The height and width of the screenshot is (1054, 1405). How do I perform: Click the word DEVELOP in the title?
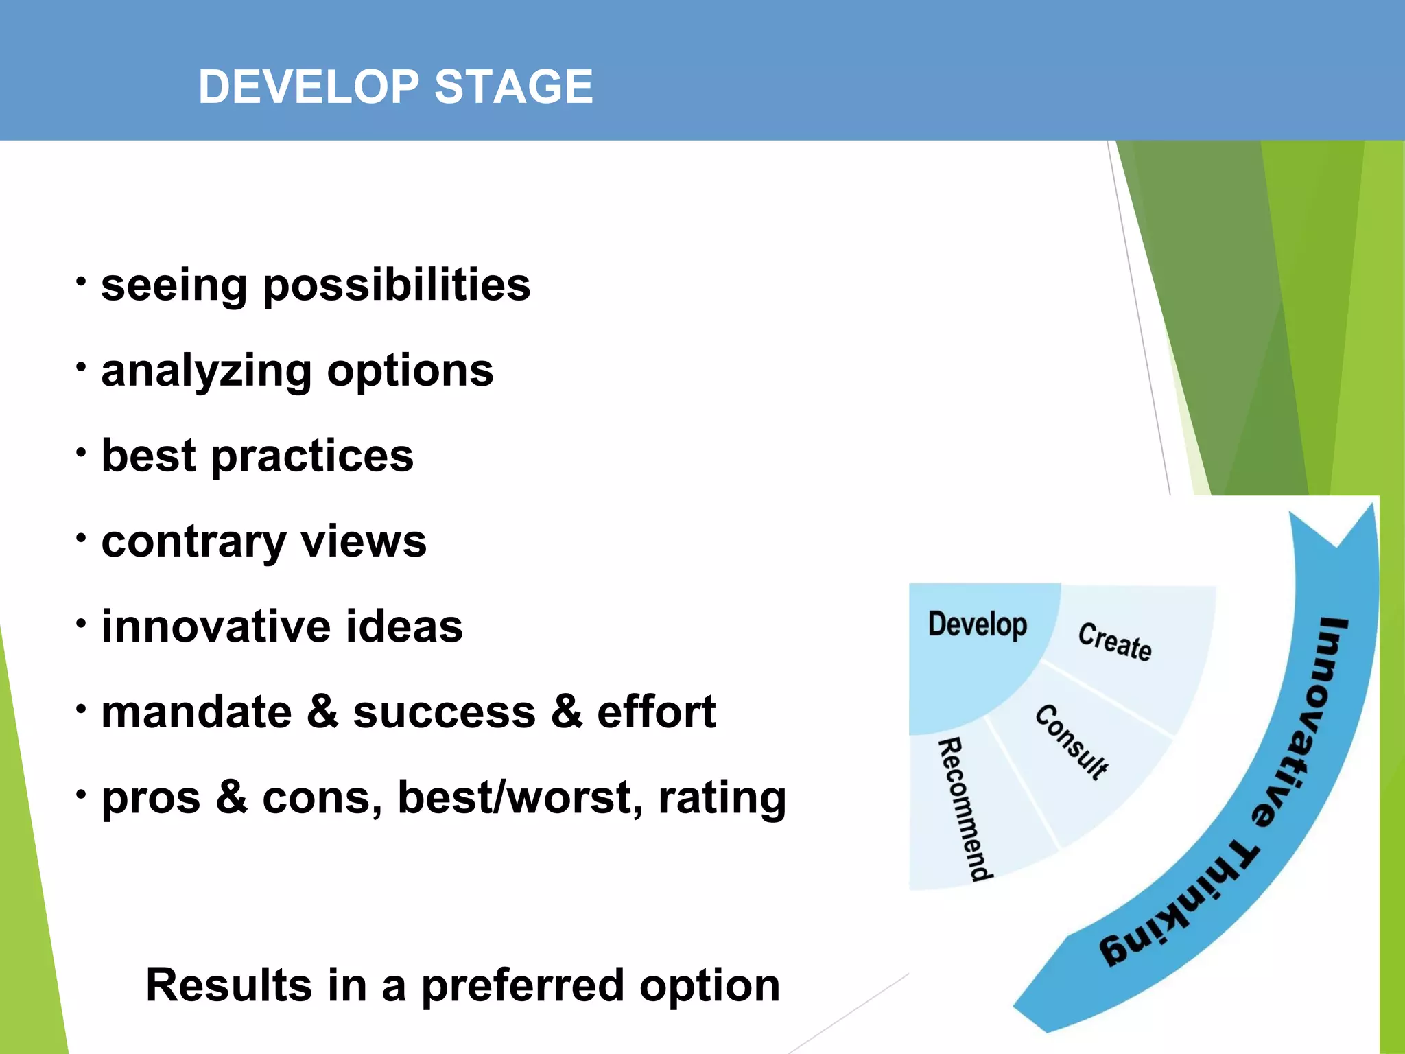[x=308, y=87]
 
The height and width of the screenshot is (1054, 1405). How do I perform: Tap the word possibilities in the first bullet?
[x=397, y=285]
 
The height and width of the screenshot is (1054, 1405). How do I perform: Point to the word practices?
[x=312, y=456]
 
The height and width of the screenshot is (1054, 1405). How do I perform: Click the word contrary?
[x=193, y=542]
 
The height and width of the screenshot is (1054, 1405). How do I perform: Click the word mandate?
[x=196, y=712]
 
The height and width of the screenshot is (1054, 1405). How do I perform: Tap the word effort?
[x=656, y=712]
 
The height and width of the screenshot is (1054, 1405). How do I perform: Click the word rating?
[x=722, y=799]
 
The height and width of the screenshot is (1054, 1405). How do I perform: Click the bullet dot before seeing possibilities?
[x=81, y=281]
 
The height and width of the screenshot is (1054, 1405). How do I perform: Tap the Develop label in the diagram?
[x=977, y=624]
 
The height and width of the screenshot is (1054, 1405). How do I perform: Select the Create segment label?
[x=1114, y=642]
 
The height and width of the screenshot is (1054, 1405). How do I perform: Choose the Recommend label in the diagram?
[x=964, y=810]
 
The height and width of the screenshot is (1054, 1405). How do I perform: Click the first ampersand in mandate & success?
[x=322, y=712]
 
